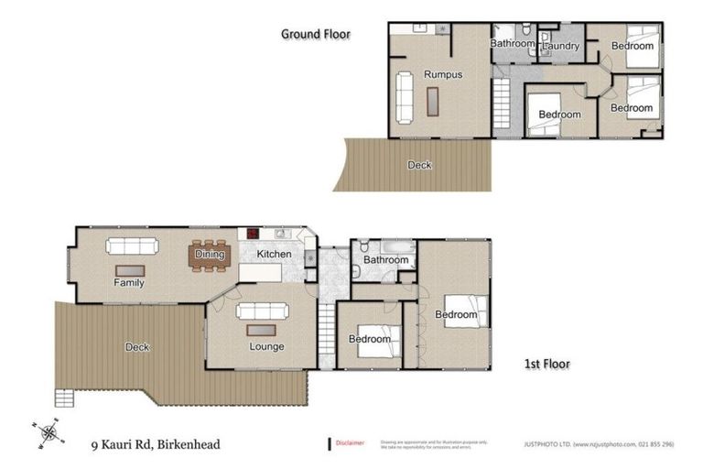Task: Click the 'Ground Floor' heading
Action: click(315, 34)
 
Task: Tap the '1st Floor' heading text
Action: click(546, 364)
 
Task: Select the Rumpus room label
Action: click(441, 74)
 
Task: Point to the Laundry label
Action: click(560, 46)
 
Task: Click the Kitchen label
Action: click(274, 254)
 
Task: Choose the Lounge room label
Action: click(266, 346)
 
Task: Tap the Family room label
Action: click(129, 283)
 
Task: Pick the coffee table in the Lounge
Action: click(263, 330)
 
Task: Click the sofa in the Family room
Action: click(132, 245)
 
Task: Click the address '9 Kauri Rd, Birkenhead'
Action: click(155, 445)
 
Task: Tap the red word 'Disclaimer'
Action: click(349, 442)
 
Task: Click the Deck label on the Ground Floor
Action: click(419, 165)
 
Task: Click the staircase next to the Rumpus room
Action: click(501, 96)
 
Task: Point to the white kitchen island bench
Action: click(259, 272)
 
